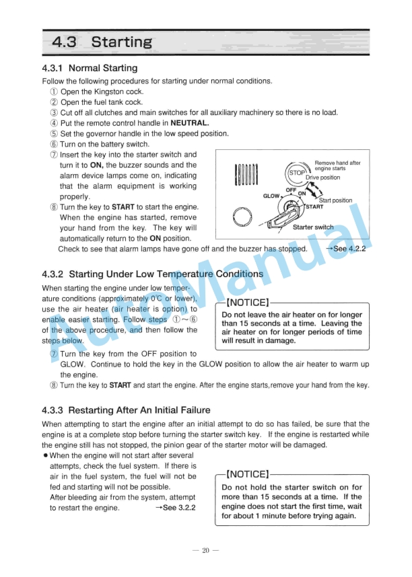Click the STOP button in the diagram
click(297, 173)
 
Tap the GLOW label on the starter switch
click(271, 196)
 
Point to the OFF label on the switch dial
click(291, 190)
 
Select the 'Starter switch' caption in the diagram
click(313, 227)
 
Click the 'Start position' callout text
click(335, 200)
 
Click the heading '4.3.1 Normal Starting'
click(90, 68)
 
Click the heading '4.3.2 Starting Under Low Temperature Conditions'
click(152, 274)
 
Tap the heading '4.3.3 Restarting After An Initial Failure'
click(126, 410)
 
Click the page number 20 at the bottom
click(206, 550)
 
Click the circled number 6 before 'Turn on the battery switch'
click(54, 144)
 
